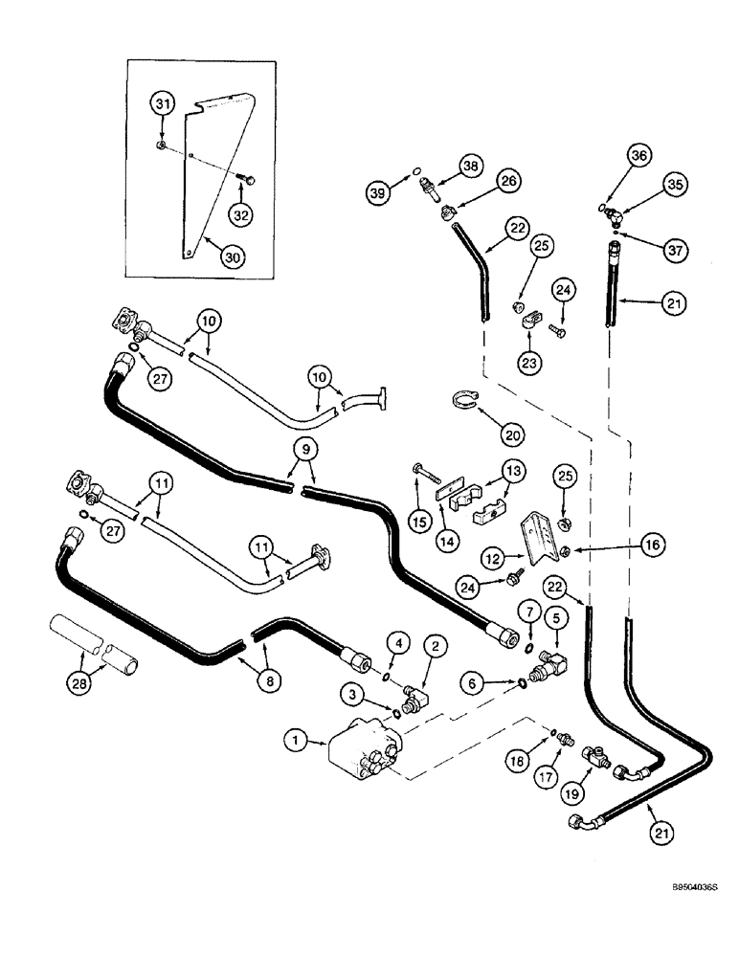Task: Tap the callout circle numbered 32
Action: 241,214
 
